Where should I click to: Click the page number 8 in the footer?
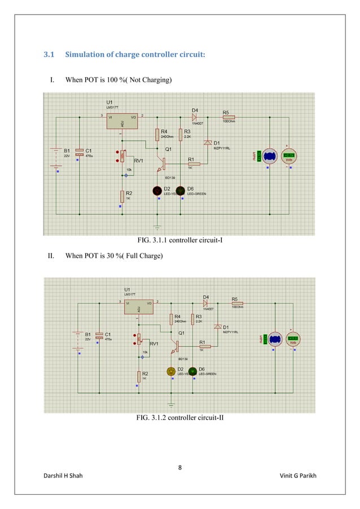point(179,467)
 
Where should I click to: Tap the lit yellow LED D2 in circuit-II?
point(170,371)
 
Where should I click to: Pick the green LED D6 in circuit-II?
point(192,371)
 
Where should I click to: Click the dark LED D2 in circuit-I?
point(156,191)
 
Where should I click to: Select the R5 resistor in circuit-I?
point(229,117)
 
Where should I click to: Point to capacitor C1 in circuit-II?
point(99,336)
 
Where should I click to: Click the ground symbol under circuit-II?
point(172,403)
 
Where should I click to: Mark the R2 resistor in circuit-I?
point(121,196)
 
